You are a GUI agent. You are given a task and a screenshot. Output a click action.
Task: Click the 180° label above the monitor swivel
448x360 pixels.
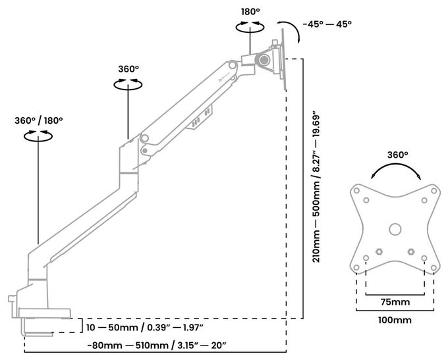tap(250, 12)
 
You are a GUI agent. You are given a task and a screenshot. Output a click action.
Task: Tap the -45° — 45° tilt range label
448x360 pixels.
tap(327, 24)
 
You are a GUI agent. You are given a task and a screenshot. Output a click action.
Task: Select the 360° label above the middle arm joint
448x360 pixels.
tap(128, 69)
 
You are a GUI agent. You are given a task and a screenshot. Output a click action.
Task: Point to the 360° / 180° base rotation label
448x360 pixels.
tap(39, 120)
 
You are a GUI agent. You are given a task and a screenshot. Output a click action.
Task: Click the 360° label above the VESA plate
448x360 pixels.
tap(397, 155)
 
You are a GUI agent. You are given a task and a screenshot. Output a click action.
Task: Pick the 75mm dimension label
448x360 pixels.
tap(395, 302)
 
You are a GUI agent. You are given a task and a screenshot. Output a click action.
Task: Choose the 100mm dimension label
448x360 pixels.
tap(395, 320)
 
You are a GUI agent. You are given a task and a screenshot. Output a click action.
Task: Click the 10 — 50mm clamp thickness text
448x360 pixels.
tap(145, 328)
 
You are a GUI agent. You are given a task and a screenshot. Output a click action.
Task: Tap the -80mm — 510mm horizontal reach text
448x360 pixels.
tap(157, 346)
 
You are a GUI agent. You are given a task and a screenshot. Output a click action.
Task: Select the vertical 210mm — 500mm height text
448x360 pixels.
tap(317, 186)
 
